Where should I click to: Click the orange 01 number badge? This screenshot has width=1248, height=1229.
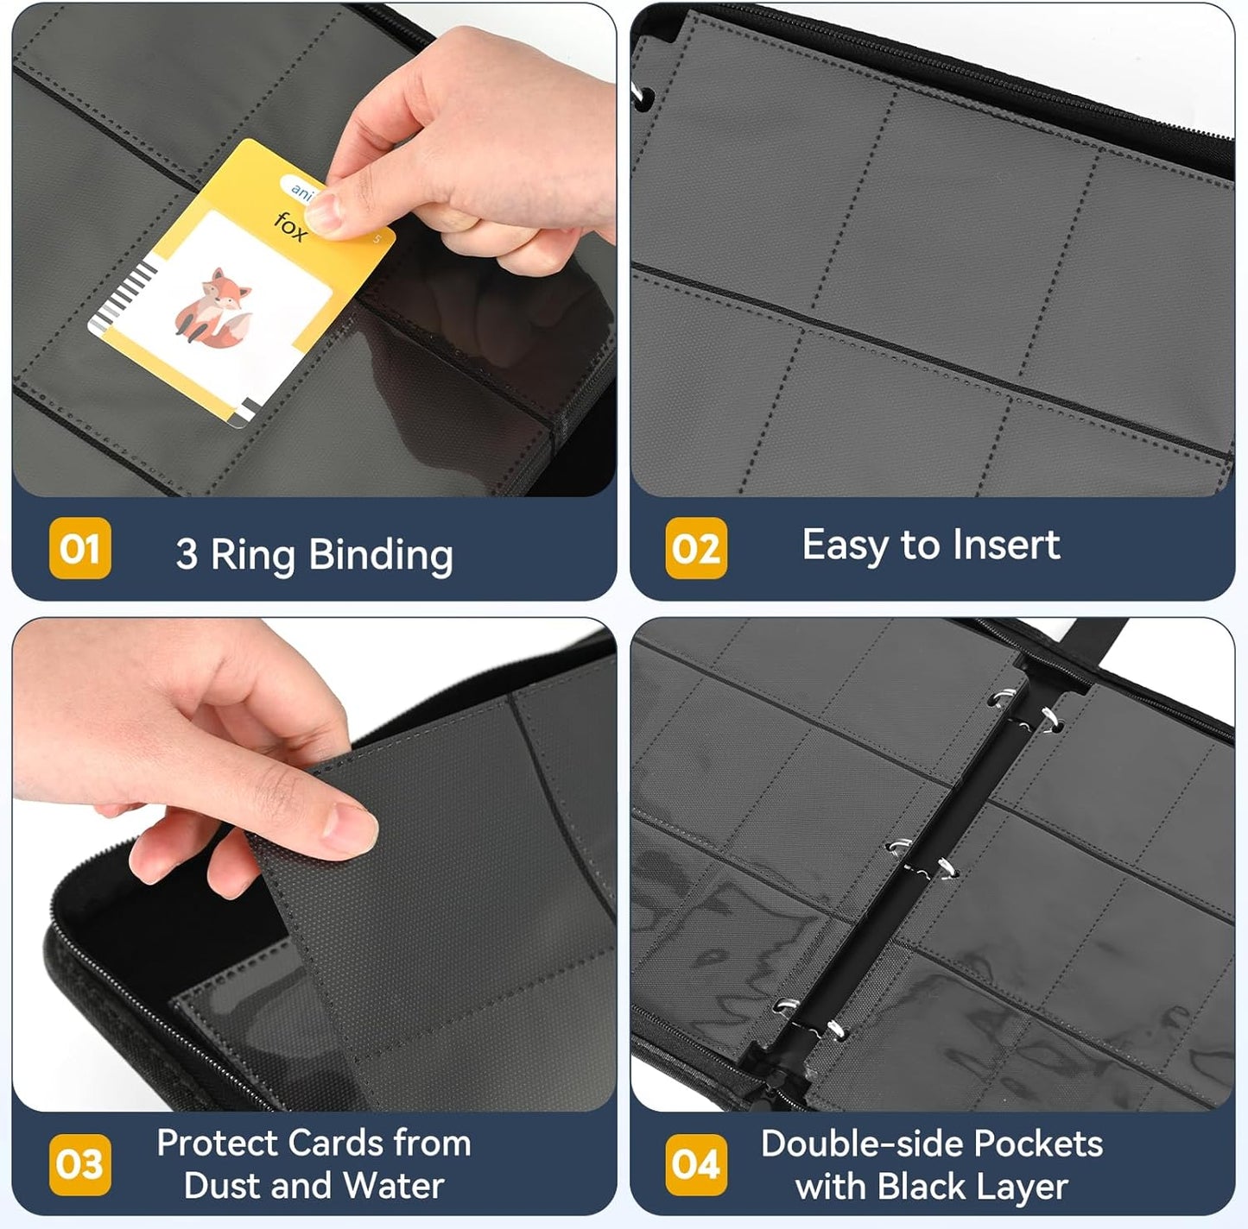(79, 548)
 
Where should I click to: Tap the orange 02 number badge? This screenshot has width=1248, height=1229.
(695, 548)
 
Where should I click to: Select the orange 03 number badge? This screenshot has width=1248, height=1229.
(79, 1164)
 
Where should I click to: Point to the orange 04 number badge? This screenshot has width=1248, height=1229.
(695, 1164)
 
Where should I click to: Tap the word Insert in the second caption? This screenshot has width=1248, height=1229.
(1007, 545)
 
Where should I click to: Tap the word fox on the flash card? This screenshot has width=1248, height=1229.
(290, 227)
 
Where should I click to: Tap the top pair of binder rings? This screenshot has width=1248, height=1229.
(1025, 709)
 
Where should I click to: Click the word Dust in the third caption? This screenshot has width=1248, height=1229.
(216, 1185)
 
